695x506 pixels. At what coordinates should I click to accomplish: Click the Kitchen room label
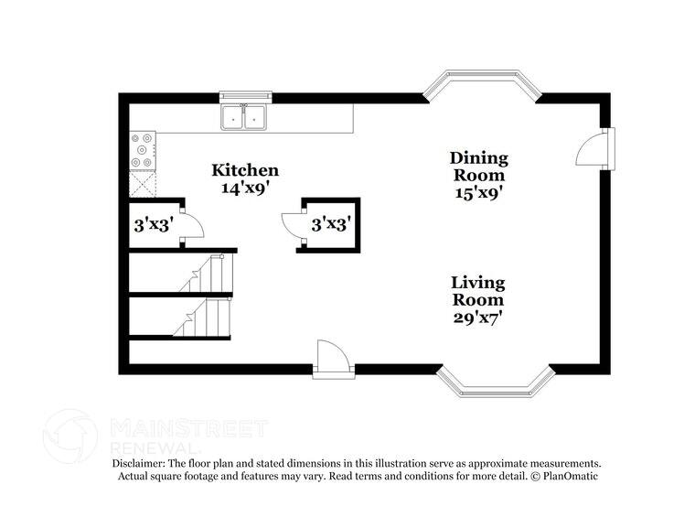(245, 170)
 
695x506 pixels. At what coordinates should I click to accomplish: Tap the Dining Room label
(479, 167)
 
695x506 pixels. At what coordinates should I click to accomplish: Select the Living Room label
(478, 291)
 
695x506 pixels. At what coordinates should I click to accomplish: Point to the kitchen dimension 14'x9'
(246, 188)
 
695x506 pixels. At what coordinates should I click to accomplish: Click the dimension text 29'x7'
(479, 318)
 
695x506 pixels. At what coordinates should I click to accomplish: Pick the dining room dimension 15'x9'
(479, 193)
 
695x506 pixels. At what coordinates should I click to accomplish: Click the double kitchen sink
(244, 117)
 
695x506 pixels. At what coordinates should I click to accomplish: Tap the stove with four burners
(143, 150)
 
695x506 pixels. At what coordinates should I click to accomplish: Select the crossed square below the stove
(143, 185)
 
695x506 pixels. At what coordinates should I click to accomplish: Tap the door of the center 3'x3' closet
(293, 225)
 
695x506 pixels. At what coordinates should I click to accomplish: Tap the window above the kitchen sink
(246, 97)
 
